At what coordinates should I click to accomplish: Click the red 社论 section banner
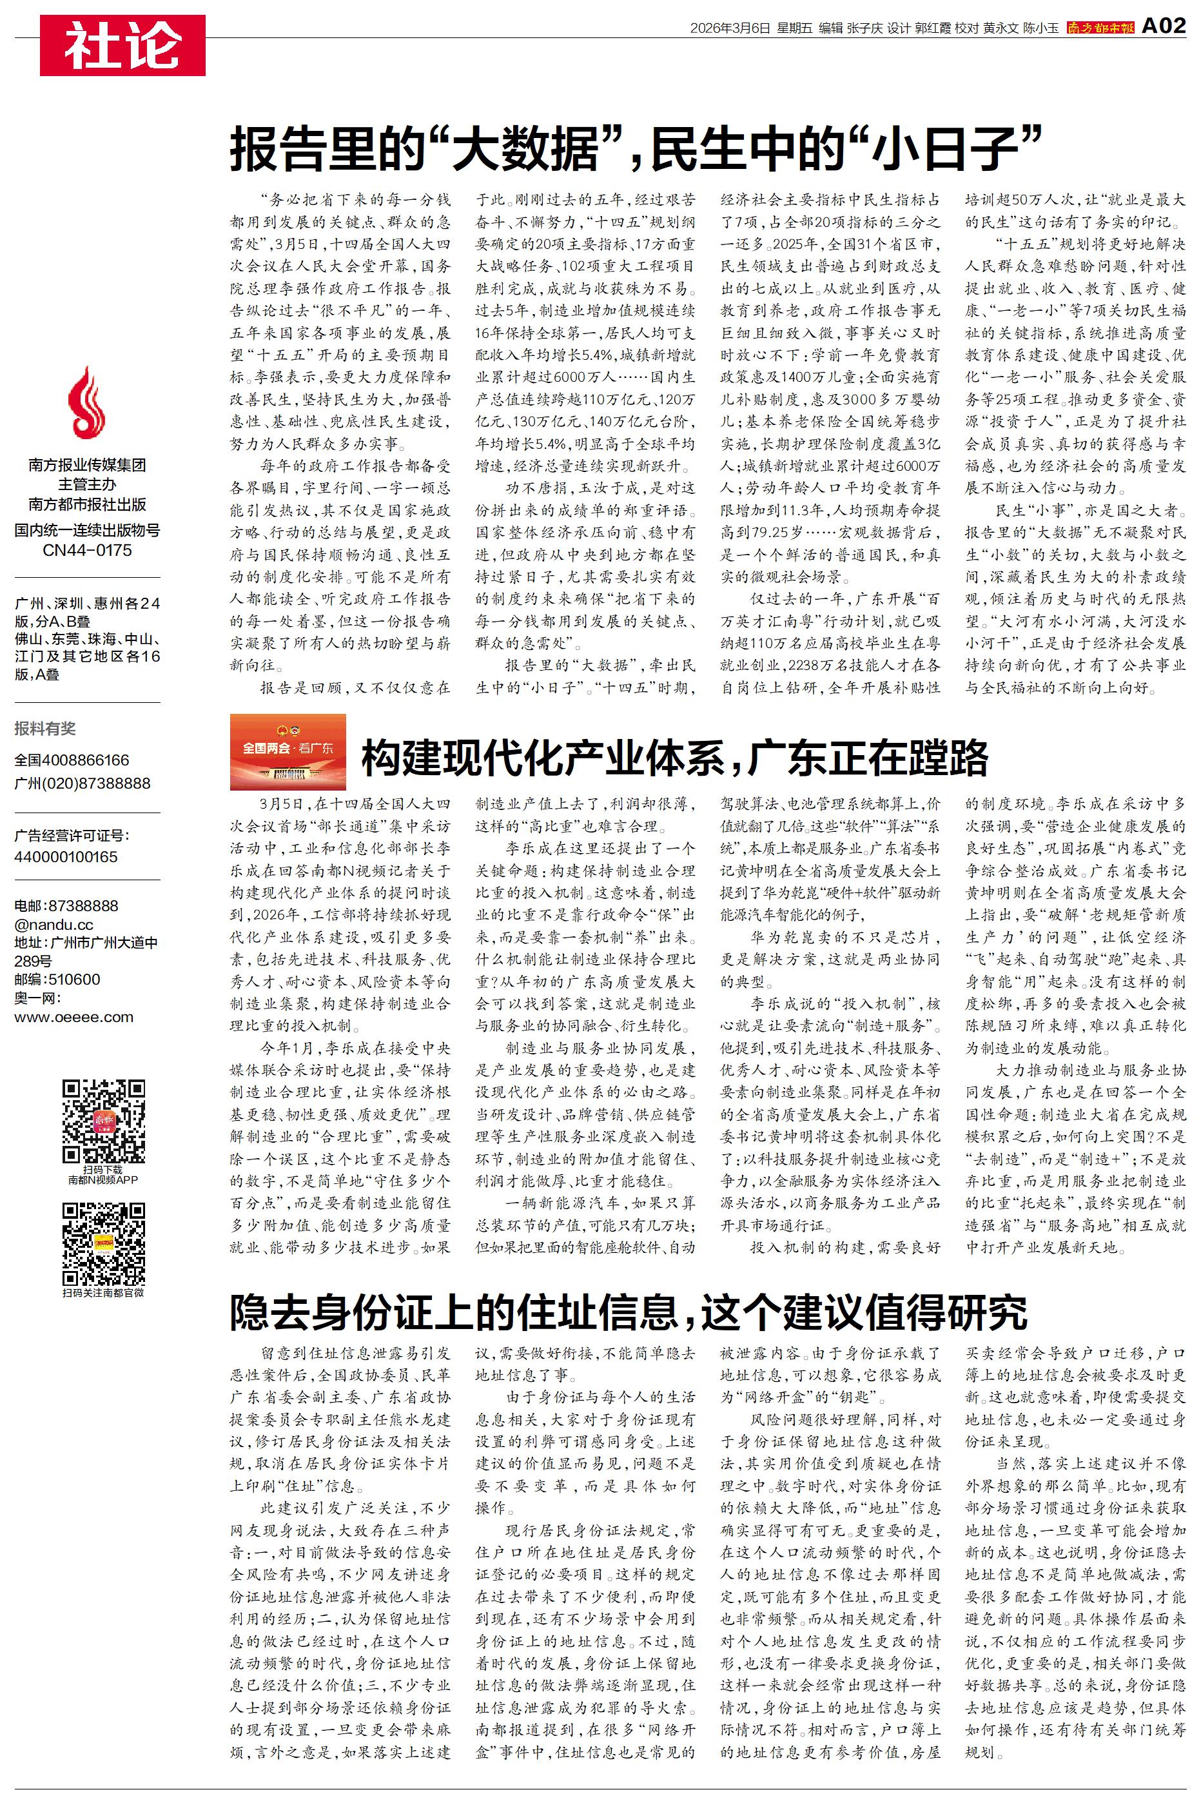coord(122,46)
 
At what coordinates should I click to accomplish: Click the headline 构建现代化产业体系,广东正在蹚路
coord(674,758)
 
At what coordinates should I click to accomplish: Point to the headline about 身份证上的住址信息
coord(628,1312)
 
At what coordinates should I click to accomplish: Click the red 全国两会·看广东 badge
coord(288,751)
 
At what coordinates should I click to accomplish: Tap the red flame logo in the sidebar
coord(86,402)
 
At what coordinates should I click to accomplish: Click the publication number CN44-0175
coord(87,550)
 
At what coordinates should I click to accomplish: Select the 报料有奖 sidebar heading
coord(45,729)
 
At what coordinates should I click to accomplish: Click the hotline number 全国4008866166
coord(72,760)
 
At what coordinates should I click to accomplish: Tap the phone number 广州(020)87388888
coord(83,783)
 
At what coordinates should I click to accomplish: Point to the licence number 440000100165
coord(66,856)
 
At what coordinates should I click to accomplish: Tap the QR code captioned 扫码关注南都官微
coord(103,1244)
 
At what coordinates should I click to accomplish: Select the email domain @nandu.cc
coord(54,925)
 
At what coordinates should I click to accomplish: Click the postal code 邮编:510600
coord(57,979)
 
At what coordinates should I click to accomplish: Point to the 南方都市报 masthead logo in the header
coord(1100,28)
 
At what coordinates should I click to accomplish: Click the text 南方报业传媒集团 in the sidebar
coord(87,465)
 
